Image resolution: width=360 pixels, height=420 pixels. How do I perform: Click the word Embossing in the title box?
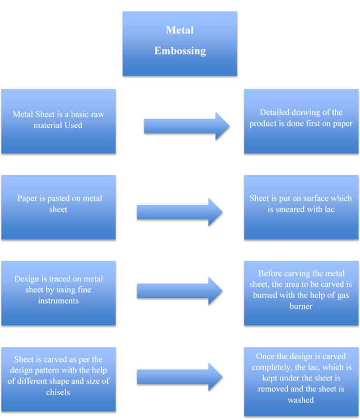(179, 51)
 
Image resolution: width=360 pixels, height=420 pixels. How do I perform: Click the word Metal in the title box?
(179, 30)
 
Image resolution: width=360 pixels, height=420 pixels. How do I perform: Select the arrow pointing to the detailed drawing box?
(187, 126)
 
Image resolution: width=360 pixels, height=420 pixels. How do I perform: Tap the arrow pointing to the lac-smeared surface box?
(179, 212)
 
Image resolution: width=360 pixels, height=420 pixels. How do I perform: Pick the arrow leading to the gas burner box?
(179, 291)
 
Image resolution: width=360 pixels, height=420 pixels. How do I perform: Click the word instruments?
(58, 300)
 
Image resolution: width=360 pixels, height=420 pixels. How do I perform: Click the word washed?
(301, 399)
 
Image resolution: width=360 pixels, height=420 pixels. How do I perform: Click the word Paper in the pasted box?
(27, 199)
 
